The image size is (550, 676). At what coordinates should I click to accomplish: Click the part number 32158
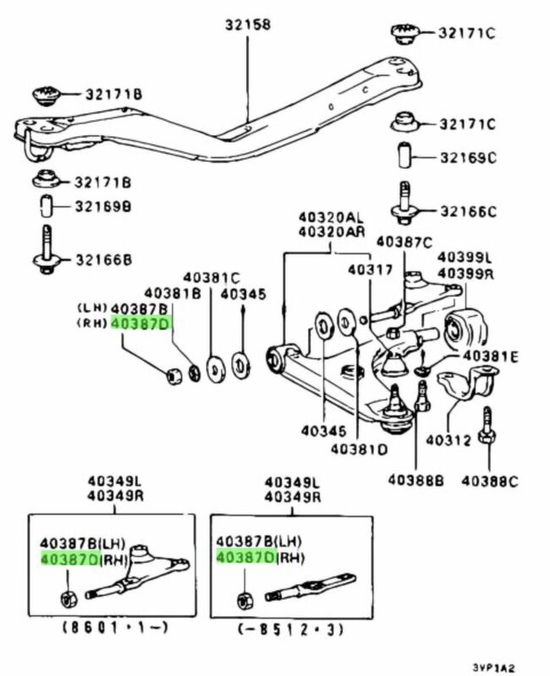[248, 25]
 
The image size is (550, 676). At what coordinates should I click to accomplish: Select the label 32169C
[466, 157]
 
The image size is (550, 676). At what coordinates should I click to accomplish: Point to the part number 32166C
[466, 211]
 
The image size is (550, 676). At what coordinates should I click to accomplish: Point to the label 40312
[445, 439]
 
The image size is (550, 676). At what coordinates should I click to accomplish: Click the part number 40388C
[489, 482]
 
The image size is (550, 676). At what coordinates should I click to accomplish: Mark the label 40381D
[360, 449]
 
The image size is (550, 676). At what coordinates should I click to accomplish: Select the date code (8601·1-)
[113, 629]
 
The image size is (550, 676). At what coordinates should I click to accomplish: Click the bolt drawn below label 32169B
[47, 250]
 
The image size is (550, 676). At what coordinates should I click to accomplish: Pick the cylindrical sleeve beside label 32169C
[404, 157]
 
